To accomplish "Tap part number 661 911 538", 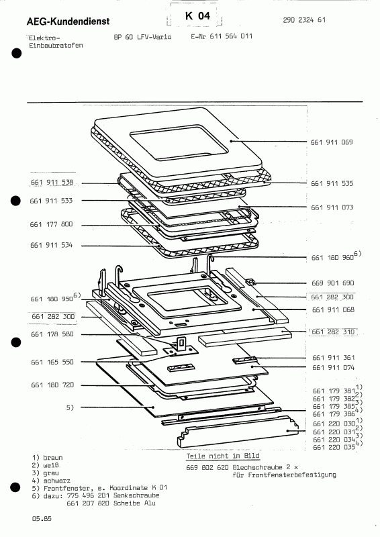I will tap(52, 183).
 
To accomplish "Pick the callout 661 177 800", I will tap(52, 224).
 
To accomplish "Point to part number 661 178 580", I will tap(52, 334).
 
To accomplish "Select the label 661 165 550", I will tap(52, 361).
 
